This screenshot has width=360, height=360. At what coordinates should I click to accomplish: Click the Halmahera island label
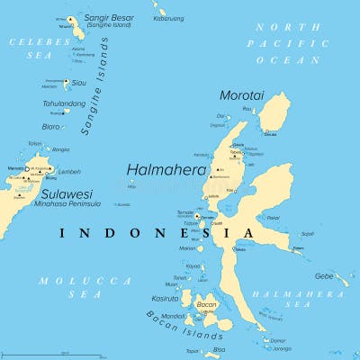click(166, 168)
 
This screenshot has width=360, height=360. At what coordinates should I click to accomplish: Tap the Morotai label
click(242, 94)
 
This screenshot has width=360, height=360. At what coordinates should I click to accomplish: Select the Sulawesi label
click(66, 193)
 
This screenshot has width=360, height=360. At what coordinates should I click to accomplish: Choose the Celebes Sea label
click(38, 49)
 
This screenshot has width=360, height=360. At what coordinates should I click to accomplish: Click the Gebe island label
click(324, 276)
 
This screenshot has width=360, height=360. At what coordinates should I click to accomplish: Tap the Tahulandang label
click(64, 103)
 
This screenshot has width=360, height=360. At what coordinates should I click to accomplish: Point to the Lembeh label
click(69, 172)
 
